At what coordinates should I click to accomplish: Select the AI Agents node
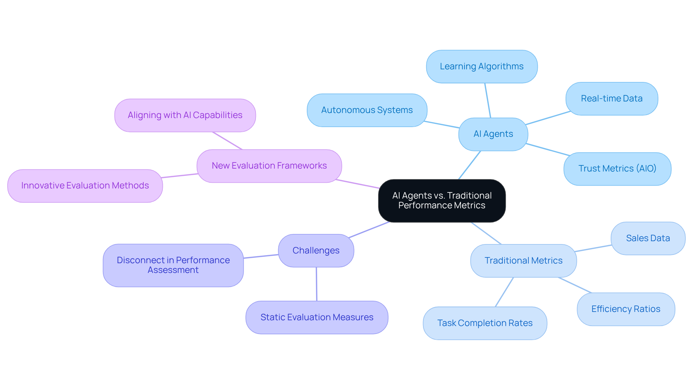tap(493, 134)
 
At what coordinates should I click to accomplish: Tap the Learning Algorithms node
tap(481, 66)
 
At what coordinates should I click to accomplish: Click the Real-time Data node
tap(611, 99)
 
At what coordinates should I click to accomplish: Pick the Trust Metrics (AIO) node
tap(617, 169)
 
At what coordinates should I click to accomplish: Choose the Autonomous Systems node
tap(367, 110)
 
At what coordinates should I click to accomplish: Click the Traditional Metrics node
tap(523, 260)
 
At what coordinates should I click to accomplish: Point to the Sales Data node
tap(648, 238)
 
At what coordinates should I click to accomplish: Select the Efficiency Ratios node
tap(626, 309)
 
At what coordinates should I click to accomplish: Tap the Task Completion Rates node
tap(484, 323)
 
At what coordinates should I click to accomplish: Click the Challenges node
tap(316, 251)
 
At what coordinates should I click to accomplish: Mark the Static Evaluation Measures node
tap(317, 317)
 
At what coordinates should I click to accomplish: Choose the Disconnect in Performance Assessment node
tap(173, 265)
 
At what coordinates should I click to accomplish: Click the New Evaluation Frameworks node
tap(269, 166)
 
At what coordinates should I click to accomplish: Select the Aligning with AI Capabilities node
tap(185, 115)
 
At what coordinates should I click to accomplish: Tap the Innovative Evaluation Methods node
tap(85, 186)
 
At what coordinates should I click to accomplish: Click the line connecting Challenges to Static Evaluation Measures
tap(317, 284)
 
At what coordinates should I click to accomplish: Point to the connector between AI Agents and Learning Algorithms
tap(488, 100)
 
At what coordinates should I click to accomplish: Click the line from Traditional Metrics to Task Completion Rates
tap(504, 292)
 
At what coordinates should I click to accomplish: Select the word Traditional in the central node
tap(469, 196)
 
